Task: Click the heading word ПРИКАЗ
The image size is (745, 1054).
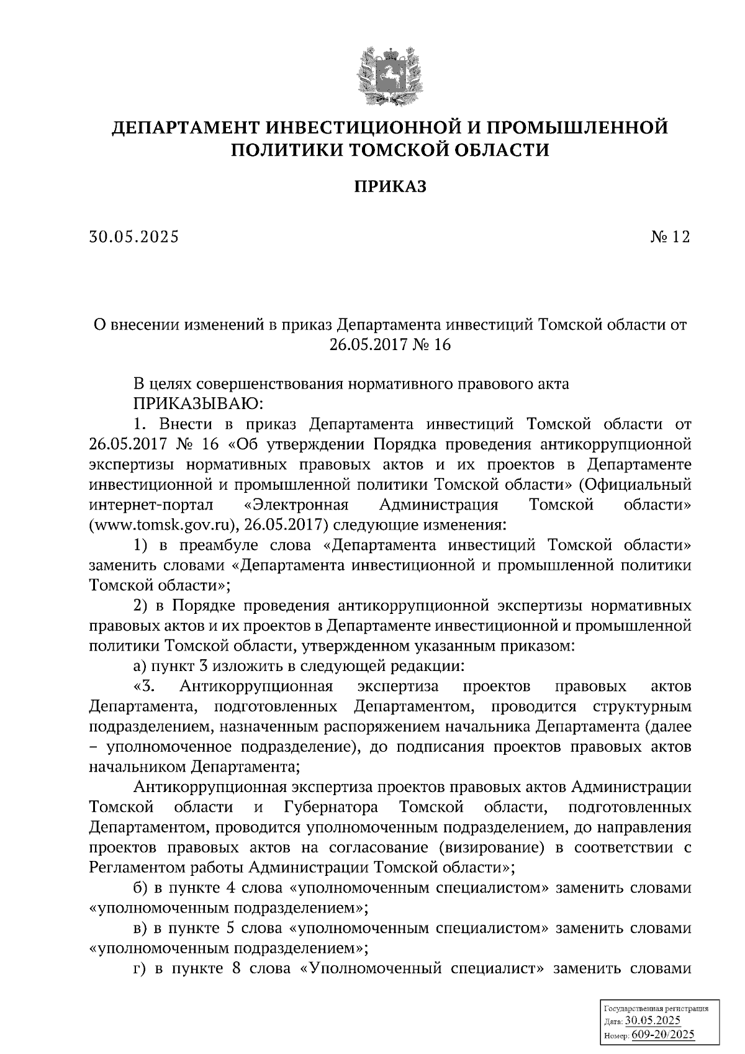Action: coord(391,186)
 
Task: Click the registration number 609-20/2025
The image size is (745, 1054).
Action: coord(662,1035)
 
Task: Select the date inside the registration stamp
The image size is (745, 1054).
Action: coord(653,1021)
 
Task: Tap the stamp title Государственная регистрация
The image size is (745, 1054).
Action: coord(655,1009)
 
